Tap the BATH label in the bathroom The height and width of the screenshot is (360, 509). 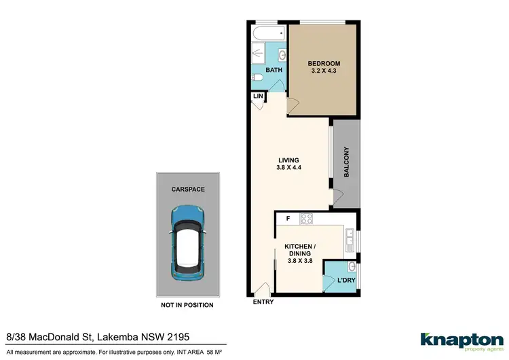click(x=274, y=70)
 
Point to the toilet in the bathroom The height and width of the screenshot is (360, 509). click(x=256, y=79)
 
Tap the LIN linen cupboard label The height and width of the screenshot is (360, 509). click(x=258, y=97)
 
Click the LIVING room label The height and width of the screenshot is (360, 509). click(x=288, y=160)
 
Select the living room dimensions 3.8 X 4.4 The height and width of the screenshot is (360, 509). click(x=288, y=168)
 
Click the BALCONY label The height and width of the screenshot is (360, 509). click(x=345, y=162)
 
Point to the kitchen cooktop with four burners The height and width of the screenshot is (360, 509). click(x=306, y=219)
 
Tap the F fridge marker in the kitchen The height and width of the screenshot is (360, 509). click(x=288, y=219)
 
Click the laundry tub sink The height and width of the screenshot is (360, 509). click(x=351, y=266)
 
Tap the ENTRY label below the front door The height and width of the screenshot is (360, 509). click(x=263, y=302)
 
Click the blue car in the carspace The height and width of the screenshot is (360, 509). click(x=188, y=244)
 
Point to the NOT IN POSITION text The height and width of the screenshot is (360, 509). click(x=187, y=305)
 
